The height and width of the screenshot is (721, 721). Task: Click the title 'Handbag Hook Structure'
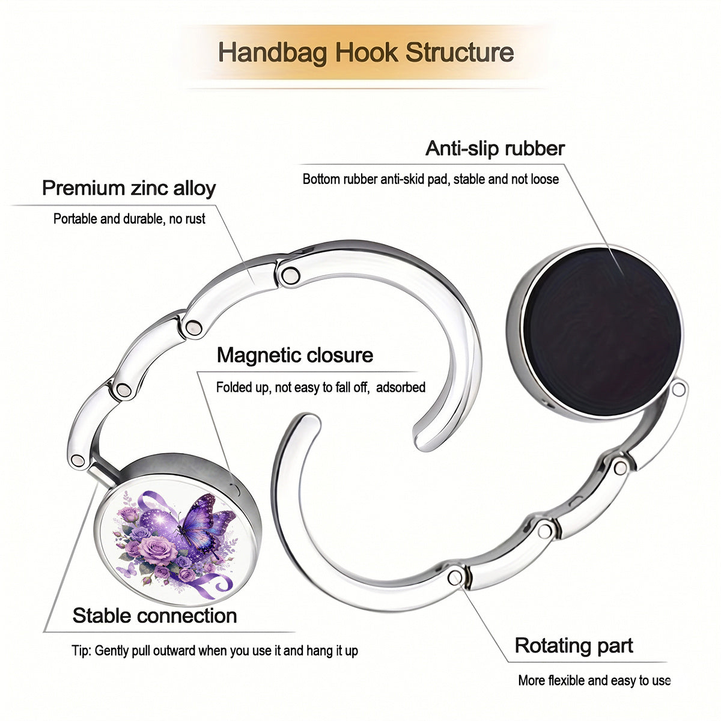[365, 52]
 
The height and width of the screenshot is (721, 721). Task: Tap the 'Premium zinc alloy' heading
[129, 188]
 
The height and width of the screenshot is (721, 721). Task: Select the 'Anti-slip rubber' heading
[494, 148]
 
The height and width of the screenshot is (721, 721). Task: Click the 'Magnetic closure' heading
[295, 355]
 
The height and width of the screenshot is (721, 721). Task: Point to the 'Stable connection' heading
[154, 615]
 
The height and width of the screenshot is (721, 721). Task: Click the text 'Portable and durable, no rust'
[129, 219]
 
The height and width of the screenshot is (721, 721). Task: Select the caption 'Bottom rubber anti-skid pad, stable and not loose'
[431, 179]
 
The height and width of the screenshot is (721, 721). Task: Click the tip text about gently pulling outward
[214, 651]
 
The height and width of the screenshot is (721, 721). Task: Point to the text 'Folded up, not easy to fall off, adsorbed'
[321, 388]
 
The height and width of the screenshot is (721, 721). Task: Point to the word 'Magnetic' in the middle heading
[258, 355]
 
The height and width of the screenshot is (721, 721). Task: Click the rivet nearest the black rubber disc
[678, 389]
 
